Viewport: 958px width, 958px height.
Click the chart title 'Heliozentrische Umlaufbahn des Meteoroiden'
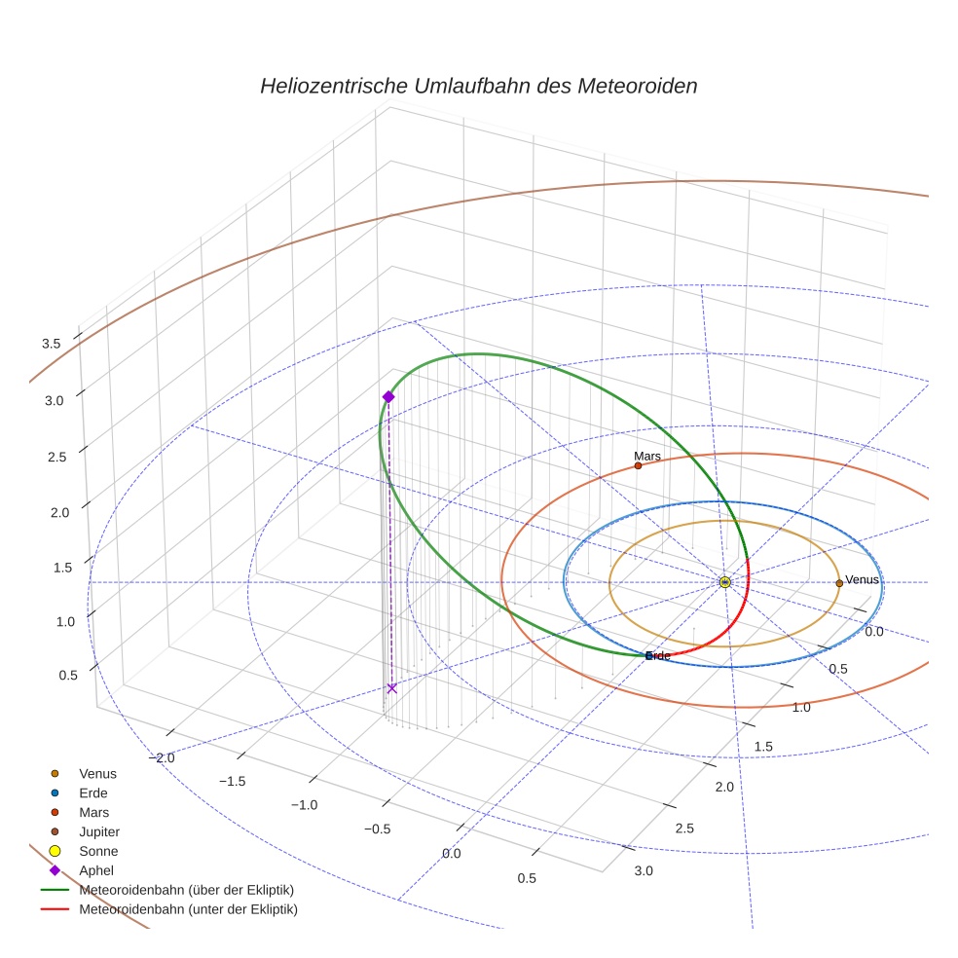(x=478, y=86)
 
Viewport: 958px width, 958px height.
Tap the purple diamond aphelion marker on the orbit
(x=388, y=396)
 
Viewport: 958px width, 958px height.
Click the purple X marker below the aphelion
(x=392, y=688)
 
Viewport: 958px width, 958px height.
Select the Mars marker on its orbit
(x=638, y=465)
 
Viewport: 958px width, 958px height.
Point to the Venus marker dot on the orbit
(x=839, y=583)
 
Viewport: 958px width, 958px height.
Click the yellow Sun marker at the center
(x=725, y=582)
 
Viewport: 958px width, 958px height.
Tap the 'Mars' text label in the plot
(x=647, y=456)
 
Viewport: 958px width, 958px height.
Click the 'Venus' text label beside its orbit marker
(x=863, y=580)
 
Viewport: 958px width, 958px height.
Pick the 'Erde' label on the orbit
(x=659, y=656)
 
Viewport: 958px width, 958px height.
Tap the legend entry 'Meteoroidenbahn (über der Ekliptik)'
(x=187, y=890)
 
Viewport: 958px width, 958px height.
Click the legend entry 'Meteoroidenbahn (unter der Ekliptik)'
(x=188, y=909)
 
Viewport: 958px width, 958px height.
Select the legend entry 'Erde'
(x=93, y=792)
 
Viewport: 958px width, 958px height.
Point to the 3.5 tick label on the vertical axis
(x=51, y=344)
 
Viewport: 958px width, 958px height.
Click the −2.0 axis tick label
(x=160, y=757)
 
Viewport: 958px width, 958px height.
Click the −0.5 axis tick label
(x=377, y=829)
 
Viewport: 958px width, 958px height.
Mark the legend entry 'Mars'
(x=94, y=812)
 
